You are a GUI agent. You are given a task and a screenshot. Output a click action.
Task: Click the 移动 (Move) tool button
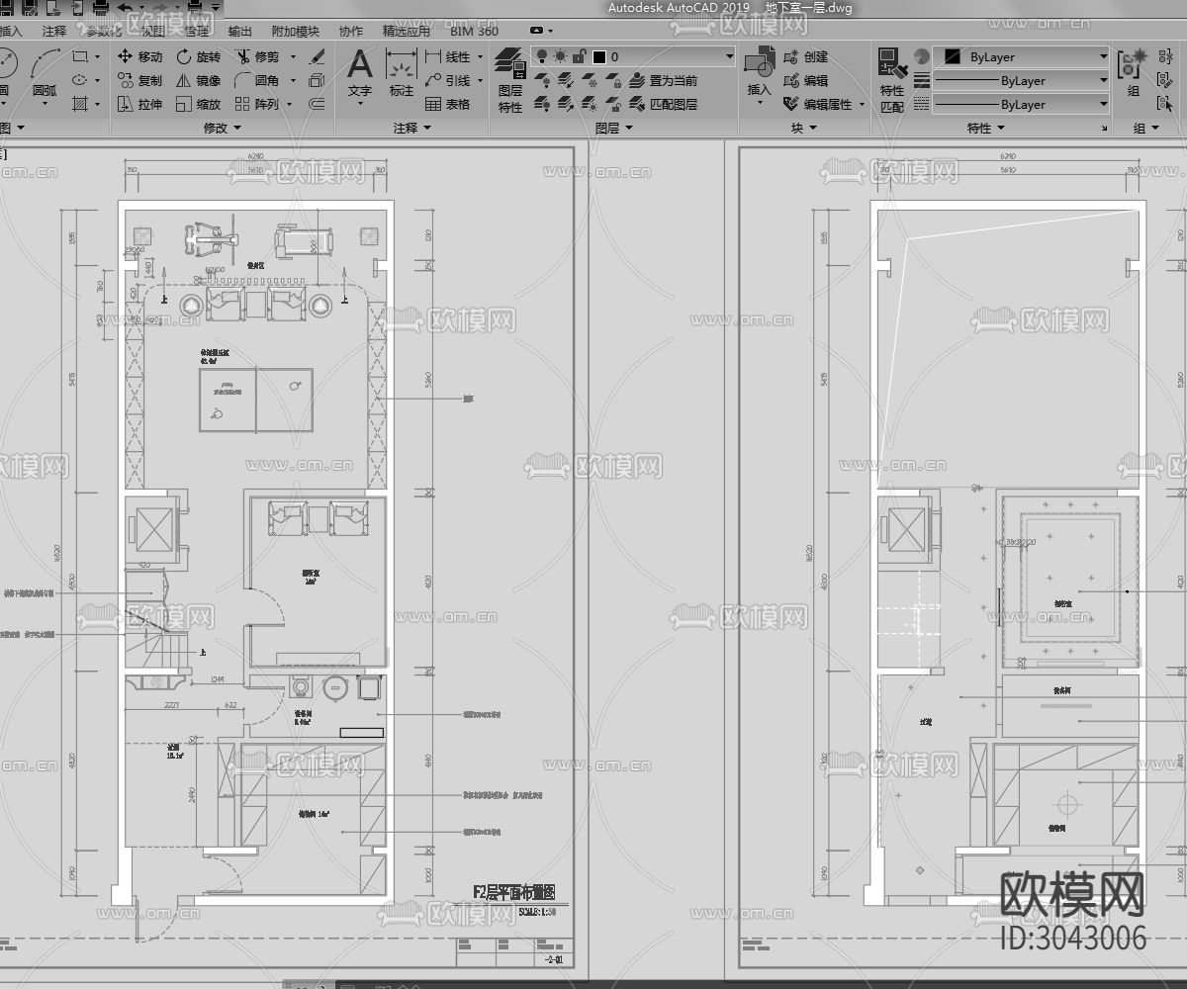(x=139, y=57)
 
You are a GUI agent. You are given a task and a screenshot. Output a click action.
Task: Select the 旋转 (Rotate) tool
(x=198, y=57)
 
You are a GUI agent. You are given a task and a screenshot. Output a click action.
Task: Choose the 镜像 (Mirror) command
(x=198, y=81)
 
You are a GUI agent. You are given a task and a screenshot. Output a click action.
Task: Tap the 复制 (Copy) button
(x=139, y=81)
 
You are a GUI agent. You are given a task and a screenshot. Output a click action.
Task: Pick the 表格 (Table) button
(x=447, y=104)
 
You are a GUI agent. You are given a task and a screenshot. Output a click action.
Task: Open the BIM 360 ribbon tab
(x=474, y=31)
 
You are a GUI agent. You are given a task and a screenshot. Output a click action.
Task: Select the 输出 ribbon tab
(x=239, y=31)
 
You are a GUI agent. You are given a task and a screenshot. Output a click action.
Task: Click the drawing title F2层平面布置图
(x=514, y=892)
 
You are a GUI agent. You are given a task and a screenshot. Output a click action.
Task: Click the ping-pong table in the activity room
(x=255, y=400)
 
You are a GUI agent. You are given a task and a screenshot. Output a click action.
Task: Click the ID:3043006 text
(x=1073, y=937)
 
